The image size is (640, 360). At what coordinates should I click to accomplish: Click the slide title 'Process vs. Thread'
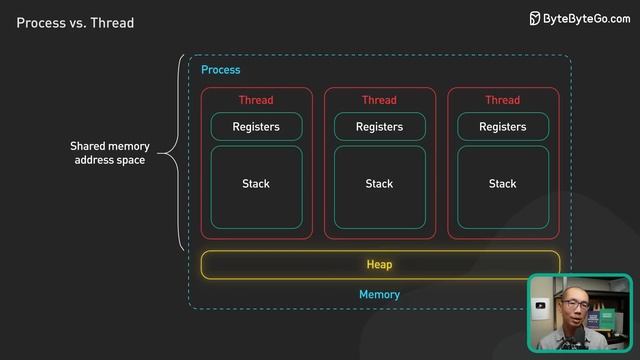(75, 22)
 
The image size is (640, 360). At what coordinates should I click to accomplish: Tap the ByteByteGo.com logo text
(587, 19)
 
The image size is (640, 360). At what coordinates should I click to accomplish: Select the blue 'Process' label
(220, 70)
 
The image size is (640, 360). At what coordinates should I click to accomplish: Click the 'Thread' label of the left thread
(256, 100)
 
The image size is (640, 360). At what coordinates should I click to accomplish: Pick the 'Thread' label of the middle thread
(379, 100)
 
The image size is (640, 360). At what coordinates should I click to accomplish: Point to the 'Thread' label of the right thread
(502, 100)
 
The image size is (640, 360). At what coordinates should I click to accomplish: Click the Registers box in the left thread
(256, 127)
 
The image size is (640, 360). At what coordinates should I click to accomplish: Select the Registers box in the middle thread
(379, 127)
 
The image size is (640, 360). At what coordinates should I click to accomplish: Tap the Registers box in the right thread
(502, 127)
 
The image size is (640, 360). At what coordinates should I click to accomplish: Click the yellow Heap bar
(379, 265)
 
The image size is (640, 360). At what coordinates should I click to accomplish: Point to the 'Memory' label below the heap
(379, 295)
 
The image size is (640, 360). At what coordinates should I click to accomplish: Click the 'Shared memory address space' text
(109, 153)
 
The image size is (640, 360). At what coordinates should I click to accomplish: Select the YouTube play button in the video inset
(540, 306)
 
